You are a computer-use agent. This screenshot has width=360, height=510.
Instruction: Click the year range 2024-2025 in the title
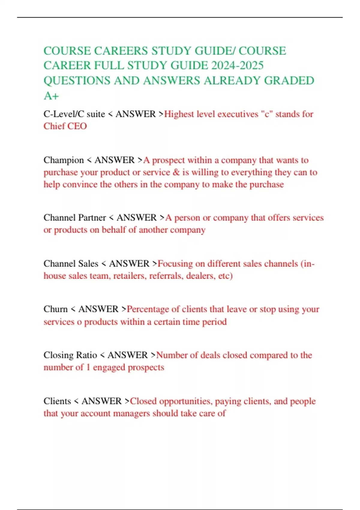(237, 66)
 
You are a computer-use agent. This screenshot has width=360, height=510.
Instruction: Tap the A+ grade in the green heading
(51, 96)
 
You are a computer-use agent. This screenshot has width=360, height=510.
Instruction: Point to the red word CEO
(77, 126)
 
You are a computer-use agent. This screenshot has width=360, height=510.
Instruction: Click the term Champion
(64, 160)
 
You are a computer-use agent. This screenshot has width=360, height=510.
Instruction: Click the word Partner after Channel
(92, 217)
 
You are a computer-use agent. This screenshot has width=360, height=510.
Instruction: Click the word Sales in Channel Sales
(88, 264)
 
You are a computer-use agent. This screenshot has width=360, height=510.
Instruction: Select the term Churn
(55, 309)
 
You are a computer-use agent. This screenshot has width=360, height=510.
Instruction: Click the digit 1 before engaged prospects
(88, 367)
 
